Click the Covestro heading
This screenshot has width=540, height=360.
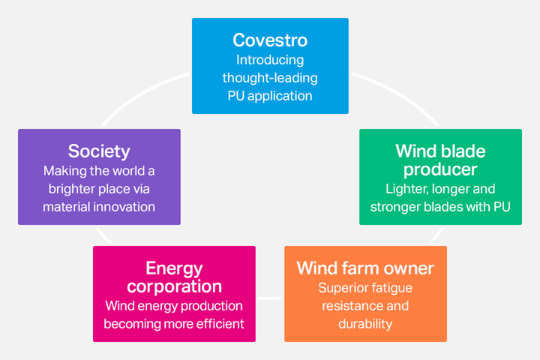(x=270, y=40)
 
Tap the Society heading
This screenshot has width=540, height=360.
(x=99, y=151)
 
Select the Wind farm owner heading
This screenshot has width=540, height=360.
(x=365, y=268)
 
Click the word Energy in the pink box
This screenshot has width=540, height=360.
(x=174, y=269)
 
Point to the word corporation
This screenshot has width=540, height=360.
(x=174, y=286)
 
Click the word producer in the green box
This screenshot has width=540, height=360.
(x=440, y=169)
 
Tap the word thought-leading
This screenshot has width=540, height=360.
(x=270, y=78)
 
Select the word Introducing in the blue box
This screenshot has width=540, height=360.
(x=270, y=61)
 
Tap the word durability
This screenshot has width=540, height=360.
(x=365, y=324)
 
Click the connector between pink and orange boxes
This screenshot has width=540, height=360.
(x=270, y=298)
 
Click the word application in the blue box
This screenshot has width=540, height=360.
(x=280, y=96)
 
